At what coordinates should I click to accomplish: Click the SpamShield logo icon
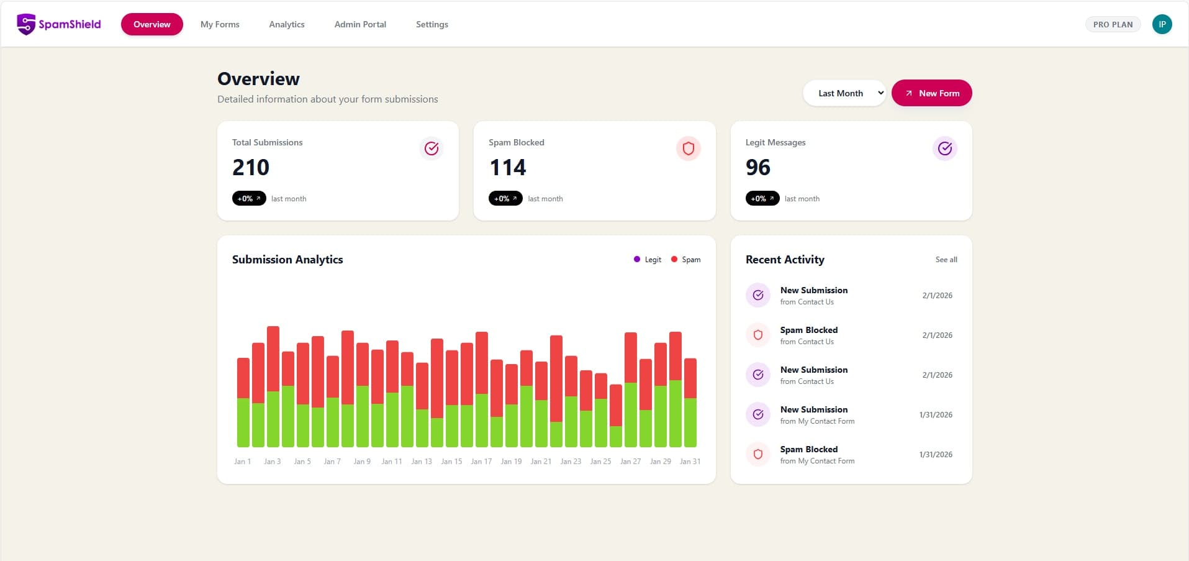coord(26,24)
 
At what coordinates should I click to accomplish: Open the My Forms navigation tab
coord(220,24)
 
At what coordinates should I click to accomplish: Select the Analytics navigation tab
coord(287,24)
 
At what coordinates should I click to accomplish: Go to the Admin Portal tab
coord(360,24)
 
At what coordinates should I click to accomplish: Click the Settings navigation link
coord(432,24)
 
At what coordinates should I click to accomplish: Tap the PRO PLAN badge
coord(1113,24)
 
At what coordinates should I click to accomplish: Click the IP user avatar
coord(1162,24)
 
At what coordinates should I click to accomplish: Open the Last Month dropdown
coord(844,93)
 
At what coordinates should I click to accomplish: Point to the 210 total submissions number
coord(251,167)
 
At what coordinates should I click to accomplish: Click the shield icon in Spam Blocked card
coord(688,148)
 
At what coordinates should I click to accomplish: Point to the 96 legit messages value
coord(758,167)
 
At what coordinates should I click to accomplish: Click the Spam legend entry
coord(686,260)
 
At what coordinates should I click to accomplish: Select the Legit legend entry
coord(648,260)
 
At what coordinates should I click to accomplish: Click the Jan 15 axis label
coord(451,462)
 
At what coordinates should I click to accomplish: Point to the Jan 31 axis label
coord(690,462)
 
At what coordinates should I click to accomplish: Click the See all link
coord(946,260)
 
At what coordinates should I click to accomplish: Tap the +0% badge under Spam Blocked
coord(505,199)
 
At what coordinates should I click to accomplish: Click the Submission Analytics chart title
coord(287,260)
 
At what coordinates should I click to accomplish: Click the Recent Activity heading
coord(785,260)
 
